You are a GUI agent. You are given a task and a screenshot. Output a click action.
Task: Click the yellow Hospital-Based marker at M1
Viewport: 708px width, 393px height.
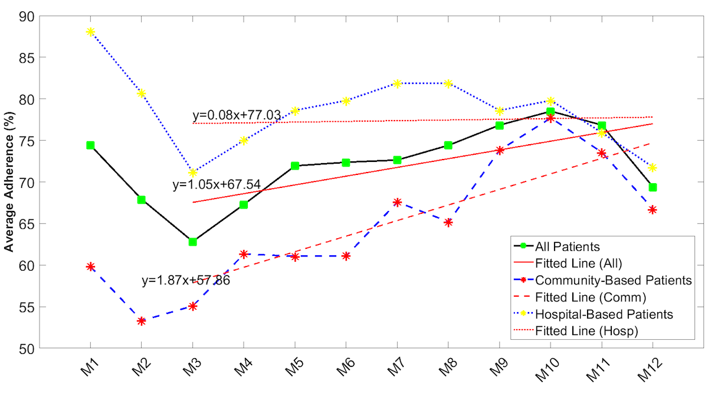(x=90, y=32)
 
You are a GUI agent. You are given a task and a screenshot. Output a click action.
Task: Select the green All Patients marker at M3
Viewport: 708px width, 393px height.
(x=192, y=242)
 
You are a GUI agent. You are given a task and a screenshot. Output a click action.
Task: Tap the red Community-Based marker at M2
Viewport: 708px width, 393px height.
(x=142, y=321)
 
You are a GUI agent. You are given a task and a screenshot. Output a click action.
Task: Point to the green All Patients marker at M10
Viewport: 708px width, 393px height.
(x=550, y=111)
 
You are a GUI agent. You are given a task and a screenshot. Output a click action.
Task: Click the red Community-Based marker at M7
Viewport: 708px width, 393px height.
(x=397, y=202)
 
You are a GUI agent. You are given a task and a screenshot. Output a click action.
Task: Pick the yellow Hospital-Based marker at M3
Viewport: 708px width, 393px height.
(x=192, y=173)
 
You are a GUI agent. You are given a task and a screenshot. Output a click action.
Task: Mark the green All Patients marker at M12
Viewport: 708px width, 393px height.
(x=653, y=187)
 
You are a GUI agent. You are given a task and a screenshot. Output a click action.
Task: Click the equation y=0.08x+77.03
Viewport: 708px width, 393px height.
(x=236, y=115)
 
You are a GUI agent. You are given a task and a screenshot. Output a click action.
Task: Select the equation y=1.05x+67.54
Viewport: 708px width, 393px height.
(x=217, y=185)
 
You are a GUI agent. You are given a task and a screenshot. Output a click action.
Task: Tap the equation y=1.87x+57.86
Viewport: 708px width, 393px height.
(x=185, y=281)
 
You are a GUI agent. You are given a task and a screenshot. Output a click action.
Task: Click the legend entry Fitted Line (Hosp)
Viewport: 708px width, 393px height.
(x=586, y=331)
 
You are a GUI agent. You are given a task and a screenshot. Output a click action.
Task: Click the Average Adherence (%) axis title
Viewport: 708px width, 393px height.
(x=10, y=183)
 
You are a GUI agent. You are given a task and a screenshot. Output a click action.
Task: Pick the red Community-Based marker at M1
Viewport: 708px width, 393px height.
(x=90, y=267)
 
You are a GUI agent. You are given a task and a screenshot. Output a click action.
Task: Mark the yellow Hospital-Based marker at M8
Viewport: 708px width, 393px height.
(x=448, y=83)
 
